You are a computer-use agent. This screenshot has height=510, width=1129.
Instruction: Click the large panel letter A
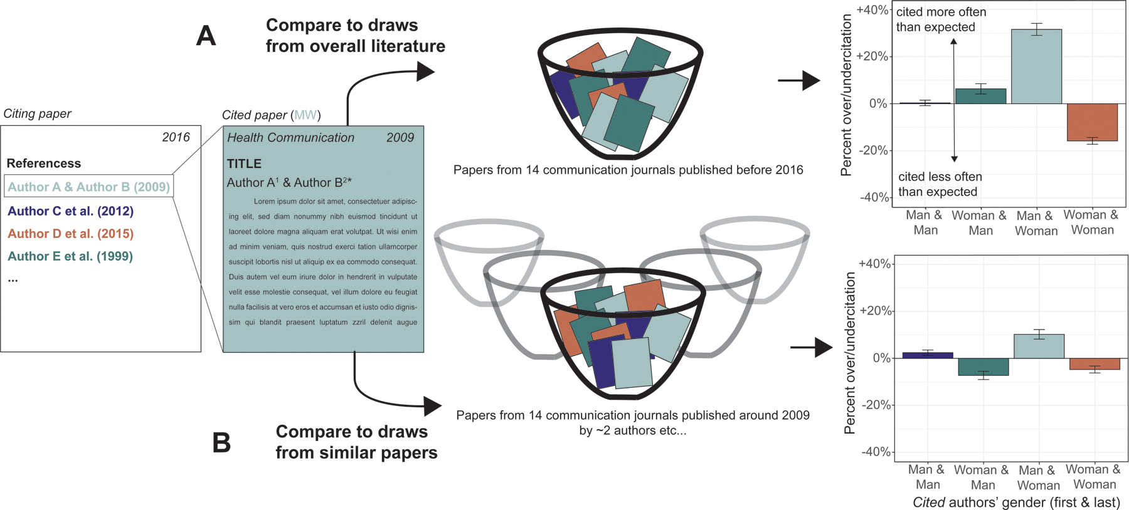click(206, 36)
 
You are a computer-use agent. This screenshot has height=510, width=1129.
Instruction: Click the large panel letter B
click(221, 443)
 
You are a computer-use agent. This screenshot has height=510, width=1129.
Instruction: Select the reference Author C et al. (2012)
click(70, 211)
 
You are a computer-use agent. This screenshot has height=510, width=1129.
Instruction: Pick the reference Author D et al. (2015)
click(70, 234)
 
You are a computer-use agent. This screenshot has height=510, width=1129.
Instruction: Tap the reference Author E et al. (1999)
click(70, 256)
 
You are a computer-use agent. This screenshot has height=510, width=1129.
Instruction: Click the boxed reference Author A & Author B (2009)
click(88, 187)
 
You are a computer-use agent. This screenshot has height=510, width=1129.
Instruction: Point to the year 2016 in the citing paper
click(176, 137)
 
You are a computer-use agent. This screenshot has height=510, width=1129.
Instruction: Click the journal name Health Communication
click(290, 138)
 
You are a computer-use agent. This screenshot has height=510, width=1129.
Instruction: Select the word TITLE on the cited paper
click(244, 164)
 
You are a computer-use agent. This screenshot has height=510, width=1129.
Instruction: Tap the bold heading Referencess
click(44, 164)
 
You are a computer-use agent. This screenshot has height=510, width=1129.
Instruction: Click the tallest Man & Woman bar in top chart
click(1036, 66)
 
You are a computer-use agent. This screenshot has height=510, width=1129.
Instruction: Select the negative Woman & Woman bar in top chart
click(1092, 122)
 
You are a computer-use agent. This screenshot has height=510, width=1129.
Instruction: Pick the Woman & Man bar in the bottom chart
click(983, 367)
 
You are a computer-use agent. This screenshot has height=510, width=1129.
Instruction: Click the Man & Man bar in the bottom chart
click(927, 355)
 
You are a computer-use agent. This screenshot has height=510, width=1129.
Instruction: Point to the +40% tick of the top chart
click(873, 10)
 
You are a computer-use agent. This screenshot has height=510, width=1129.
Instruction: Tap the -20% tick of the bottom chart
click(876, 405)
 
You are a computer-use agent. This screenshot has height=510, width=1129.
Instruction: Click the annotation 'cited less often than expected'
click(940, 184)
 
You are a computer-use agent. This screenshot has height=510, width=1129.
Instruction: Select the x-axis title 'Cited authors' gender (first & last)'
click(1016, 502)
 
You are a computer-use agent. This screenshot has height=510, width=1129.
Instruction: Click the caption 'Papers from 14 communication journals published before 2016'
click(628, 170)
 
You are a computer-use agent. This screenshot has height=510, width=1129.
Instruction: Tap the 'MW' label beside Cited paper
click(305, 115)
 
